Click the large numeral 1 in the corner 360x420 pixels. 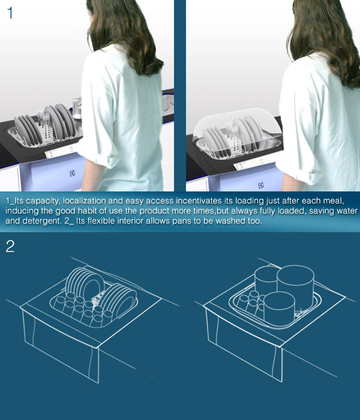(10, 13)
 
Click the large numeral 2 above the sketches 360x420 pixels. (10, 247)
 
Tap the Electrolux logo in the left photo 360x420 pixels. (73, 173)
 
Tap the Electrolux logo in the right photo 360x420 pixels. (261, 185)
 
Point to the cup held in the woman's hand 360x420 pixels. (77, 108)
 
